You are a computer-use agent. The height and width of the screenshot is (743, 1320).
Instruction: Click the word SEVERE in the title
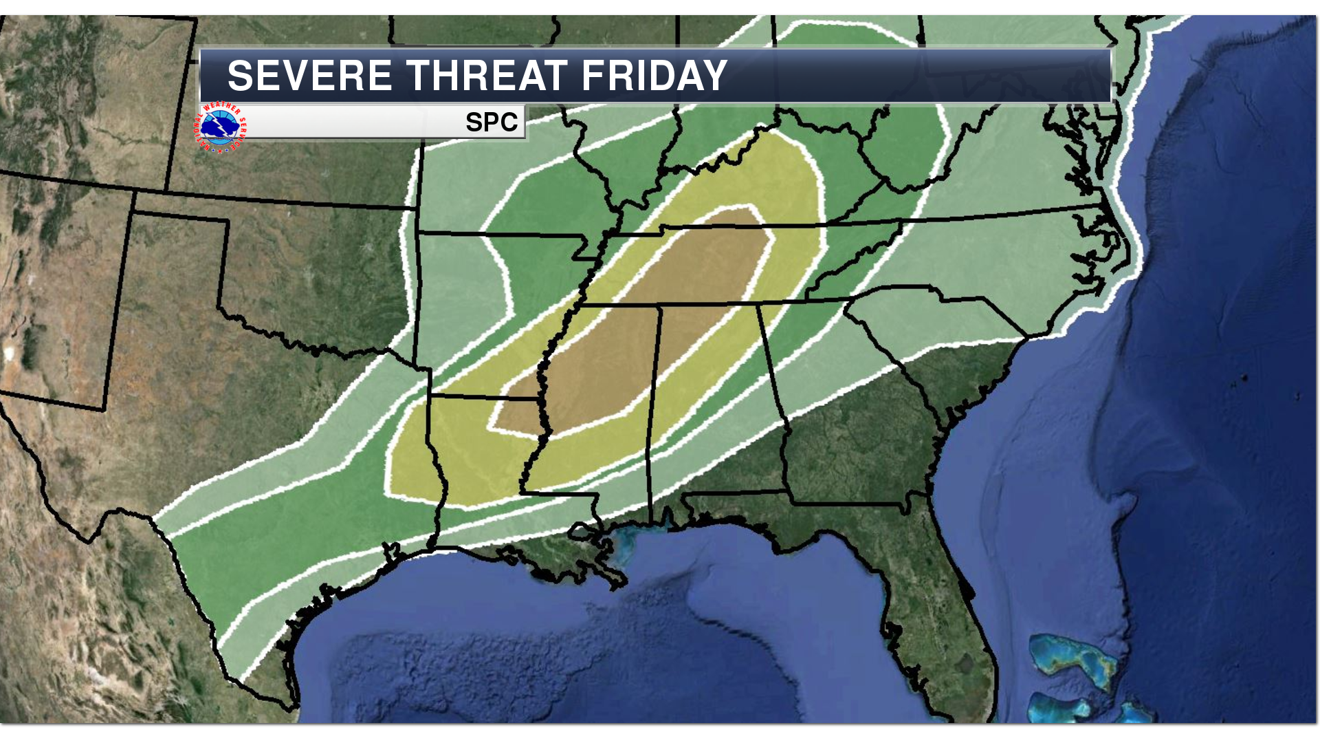click(309, 76)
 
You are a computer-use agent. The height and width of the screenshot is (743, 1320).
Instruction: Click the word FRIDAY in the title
click(654, 76)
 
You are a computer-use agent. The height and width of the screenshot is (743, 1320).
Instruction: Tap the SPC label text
click(491, 122)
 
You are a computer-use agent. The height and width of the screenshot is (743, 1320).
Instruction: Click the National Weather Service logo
click(220, 127)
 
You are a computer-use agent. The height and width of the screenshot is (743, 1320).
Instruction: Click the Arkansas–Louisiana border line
click(481, 397)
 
